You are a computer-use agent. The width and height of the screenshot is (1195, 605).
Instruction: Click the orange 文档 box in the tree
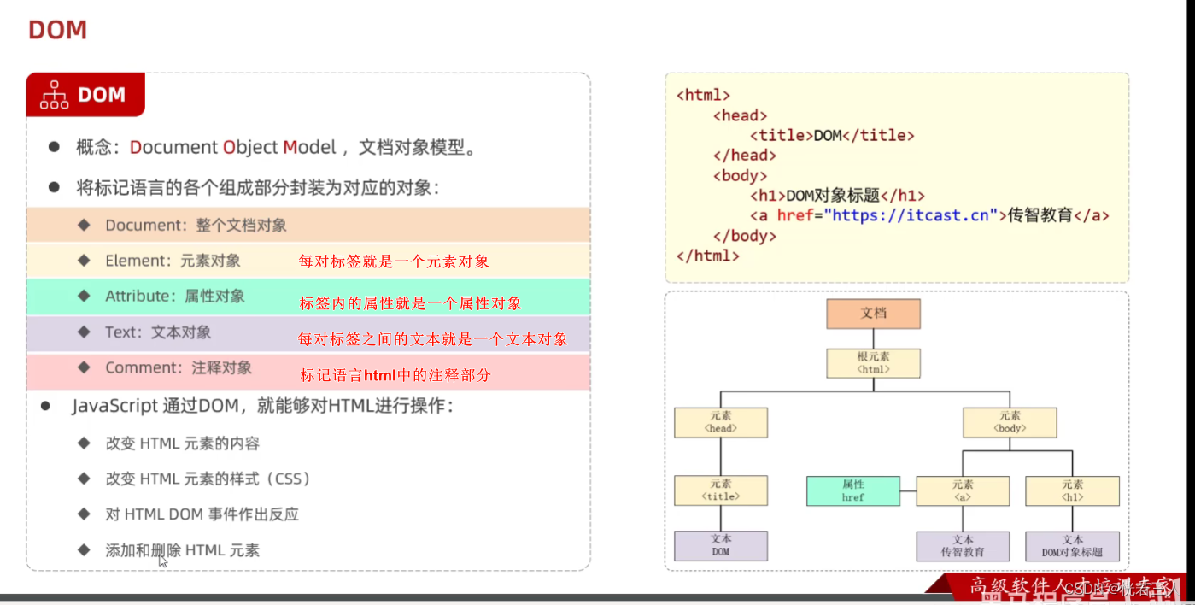pyautogui.click(x=873, y=314)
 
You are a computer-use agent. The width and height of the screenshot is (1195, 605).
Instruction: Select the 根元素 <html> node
pyautogui.click(x=873, y=362)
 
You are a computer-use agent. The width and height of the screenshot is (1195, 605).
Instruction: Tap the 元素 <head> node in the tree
pyautogui.click(x=720, y=422)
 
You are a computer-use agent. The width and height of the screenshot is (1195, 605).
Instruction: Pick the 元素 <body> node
pyautogui.click(x=1010, y=422)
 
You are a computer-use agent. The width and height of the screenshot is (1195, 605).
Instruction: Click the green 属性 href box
pyautogui.click(x=852, y=490)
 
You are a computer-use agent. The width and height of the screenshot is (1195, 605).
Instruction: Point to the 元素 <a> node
pyautogui.click(x=963, y=490)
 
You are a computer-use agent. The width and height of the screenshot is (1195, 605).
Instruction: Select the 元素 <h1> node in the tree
pyautogui.click(x=1072, y=490)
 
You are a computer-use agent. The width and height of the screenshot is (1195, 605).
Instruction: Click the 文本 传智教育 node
pyautogui.click(x=963, y=546)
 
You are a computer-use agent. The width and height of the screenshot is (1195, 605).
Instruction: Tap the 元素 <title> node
pyautogui.click(x=720, y=490)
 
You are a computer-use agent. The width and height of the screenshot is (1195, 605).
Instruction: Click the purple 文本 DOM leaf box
pyautogui.click(x=720, y=546)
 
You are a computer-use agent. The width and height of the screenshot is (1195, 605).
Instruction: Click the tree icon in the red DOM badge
pyautogui.click(x=55, y=95)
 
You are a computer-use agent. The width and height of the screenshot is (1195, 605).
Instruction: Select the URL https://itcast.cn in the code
pyautogui.click(x=911, y=215)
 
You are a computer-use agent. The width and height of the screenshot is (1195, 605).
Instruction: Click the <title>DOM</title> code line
pyautogui.click(x=832, y=135)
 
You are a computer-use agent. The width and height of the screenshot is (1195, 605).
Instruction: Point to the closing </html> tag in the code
pyautogui.click(x=707, y=256)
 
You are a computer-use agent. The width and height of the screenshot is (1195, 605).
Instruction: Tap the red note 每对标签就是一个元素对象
pyautogui.click(x=394, y=261)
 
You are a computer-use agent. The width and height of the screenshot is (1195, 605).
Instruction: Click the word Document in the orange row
pyautogui.click(x=143, y=226)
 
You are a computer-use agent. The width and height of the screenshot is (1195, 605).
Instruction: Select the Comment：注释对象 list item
pyautogui.click(x=179, y=368)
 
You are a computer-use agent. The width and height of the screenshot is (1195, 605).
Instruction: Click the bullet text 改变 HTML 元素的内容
pyautogui.click(x=183, y=443)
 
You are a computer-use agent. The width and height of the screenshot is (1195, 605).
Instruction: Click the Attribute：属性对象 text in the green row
pyautogui.click(x=175, y=297)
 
